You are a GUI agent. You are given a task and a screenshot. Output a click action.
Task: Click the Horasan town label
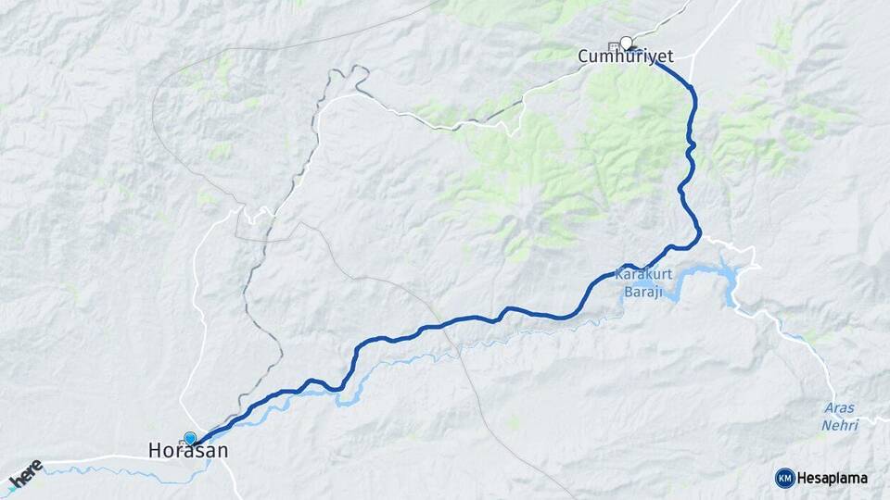[187, 451]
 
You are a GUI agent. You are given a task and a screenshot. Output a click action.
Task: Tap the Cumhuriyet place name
[625, 57]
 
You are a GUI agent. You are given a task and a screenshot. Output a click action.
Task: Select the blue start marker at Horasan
[190, 438]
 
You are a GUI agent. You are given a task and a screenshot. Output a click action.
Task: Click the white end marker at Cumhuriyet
[627, 43]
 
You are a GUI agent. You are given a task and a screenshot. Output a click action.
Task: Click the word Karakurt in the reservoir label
[642, 274]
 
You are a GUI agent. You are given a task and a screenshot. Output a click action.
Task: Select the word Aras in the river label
[840, 408]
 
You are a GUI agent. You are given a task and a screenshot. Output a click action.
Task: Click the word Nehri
[840, 425]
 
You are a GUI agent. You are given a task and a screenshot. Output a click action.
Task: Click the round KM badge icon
[784, 478]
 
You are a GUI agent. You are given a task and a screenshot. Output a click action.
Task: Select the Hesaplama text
[833, 478]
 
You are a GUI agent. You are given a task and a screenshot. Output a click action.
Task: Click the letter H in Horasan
[155, 451]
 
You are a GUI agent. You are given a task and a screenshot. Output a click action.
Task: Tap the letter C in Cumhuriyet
[583, 57]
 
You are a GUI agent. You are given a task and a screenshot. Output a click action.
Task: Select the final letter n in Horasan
[222, 451]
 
